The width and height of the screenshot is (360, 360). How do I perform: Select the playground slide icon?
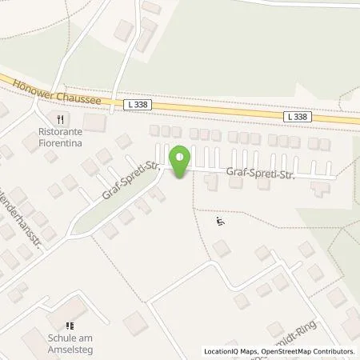tap(222, 222)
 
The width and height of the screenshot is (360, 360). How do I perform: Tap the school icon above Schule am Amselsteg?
tap(70, 326)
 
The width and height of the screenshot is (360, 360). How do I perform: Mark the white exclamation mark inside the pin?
tap(181, 157)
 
